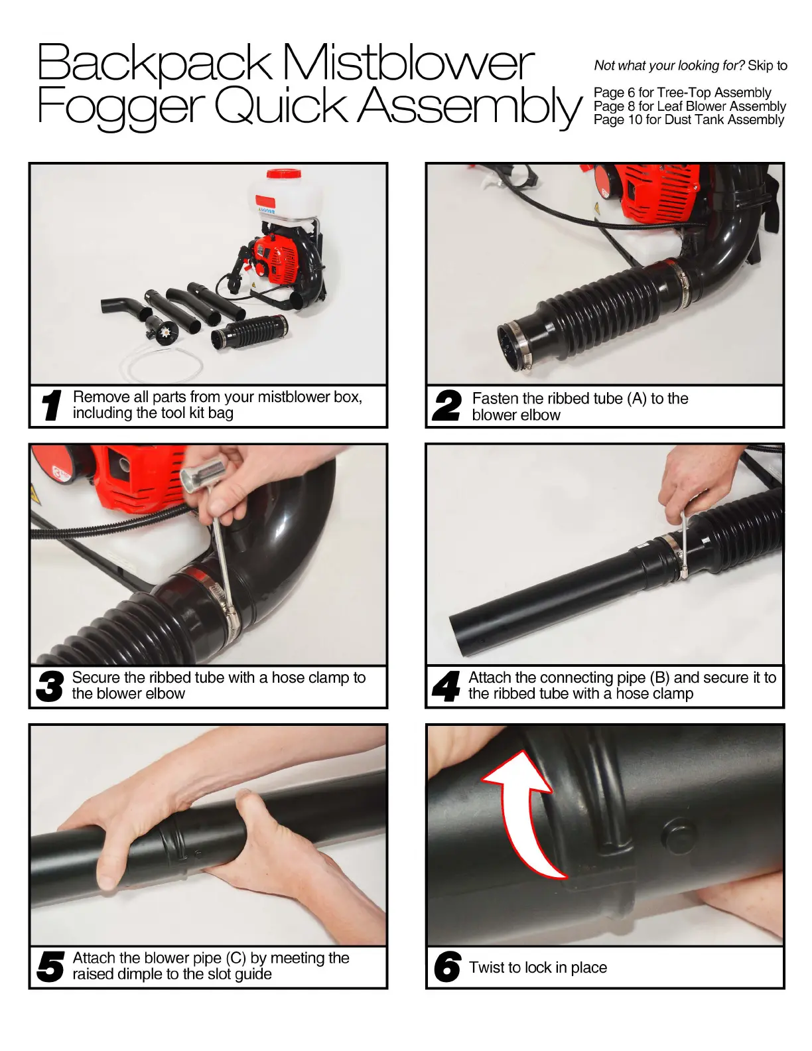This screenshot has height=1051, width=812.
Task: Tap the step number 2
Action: click(447, 405)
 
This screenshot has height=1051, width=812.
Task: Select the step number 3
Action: click(50, 686)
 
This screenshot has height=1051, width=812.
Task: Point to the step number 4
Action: click(446, 686)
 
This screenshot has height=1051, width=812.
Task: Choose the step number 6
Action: click(447, 966)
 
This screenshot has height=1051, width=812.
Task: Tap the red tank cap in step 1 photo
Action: click(283, 173)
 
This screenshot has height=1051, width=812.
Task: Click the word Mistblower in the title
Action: click(408, 62)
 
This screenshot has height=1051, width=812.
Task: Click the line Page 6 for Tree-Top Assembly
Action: click(682, 92)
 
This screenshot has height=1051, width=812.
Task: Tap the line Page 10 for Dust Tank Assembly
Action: click(688, 119)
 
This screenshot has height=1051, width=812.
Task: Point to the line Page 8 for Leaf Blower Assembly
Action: click(690, 106)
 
